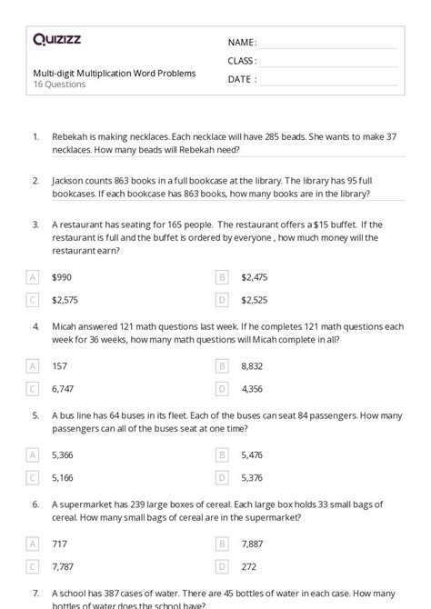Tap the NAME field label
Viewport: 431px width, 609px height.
[241, 43]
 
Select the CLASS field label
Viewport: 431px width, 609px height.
[242, 61]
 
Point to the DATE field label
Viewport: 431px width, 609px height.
[241, 79]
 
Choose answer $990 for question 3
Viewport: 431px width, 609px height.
[63, 276]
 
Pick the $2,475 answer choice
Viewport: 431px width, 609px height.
[254, 276]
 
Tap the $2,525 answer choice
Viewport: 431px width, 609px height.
[254, 299]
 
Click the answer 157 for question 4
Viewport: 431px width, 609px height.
[60, 365]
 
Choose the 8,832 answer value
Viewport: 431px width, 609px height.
[252, 365]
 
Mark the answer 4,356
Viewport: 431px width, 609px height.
[252, 388]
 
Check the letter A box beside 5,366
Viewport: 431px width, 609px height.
[33, 454]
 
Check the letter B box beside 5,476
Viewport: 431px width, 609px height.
[222, 454]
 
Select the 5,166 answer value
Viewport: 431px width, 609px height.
[64, 477]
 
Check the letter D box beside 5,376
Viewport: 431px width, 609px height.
[222, 477]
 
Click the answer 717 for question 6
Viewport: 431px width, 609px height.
[59, 544]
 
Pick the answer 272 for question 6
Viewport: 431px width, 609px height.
[248, 566]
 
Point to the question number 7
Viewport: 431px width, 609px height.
[35, 593]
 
